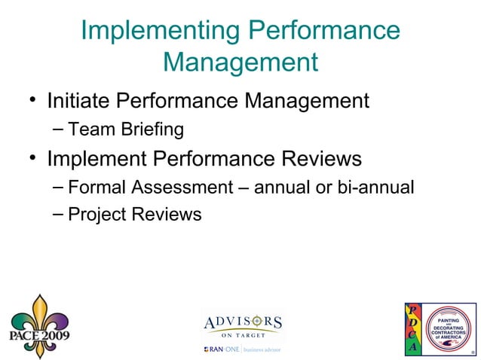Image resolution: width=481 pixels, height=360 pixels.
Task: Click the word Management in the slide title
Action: coord(240,61)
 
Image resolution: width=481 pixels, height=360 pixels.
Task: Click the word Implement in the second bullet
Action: coord(97,160)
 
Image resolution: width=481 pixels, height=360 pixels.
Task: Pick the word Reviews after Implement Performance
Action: coord(319,160)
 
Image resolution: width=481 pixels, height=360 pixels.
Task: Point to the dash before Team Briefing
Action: coord(59,129)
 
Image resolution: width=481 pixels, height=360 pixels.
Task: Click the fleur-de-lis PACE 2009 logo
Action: coord(38,325)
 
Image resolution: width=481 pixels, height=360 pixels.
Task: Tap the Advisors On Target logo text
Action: coord(243,325)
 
